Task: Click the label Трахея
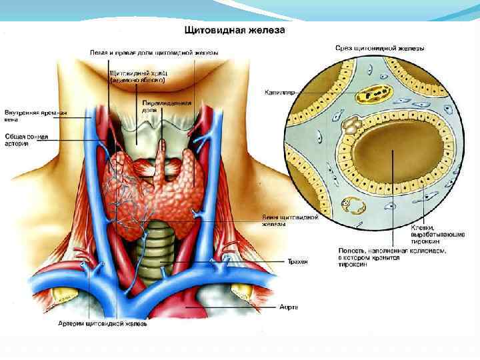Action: [x=298, y=262]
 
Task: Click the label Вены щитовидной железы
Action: [x=288, y=221]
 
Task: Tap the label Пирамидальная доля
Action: [x=167, y=107]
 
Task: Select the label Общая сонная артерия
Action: [x=25, y=140]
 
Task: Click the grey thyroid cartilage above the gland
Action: [x=137, y=131]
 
